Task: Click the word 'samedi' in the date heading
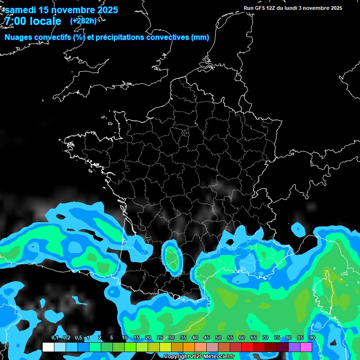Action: click(x=21, y=10)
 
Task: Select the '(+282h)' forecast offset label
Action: click(x=83, y=21)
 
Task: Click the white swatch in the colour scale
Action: click(x=48, y=347)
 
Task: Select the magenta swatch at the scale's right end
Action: click(x=306, y=347)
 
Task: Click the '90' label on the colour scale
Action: click(x=312, y=337)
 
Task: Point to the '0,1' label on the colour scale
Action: click(x=55, y=337)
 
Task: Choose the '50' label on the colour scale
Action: click(x=218, y=337)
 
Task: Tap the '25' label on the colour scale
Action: click(x=160, y=337)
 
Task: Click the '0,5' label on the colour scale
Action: click(x=78, y=337)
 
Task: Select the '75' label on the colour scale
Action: click(x=277, y=337)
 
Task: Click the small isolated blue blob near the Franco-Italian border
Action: click(x=298, y=229)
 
